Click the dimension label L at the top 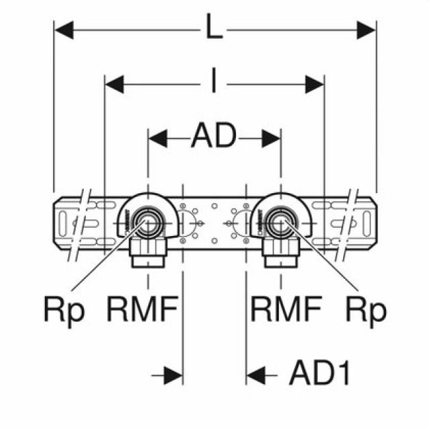click(214, 29)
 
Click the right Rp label click(366, 310)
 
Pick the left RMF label click(142, 310)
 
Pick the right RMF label click(286, 310)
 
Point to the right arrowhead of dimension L click(366, 29)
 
